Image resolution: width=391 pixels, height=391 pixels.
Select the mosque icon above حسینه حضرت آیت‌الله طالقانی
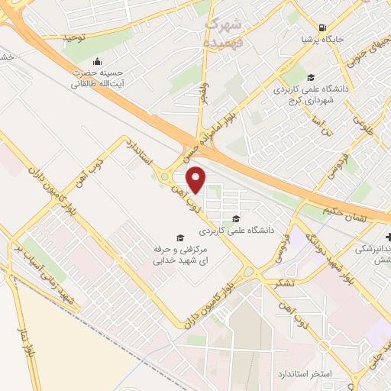(x=97, y=61)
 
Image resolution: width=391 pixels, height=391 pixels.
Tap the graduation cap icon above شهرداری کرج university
(x=311, y=77)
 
